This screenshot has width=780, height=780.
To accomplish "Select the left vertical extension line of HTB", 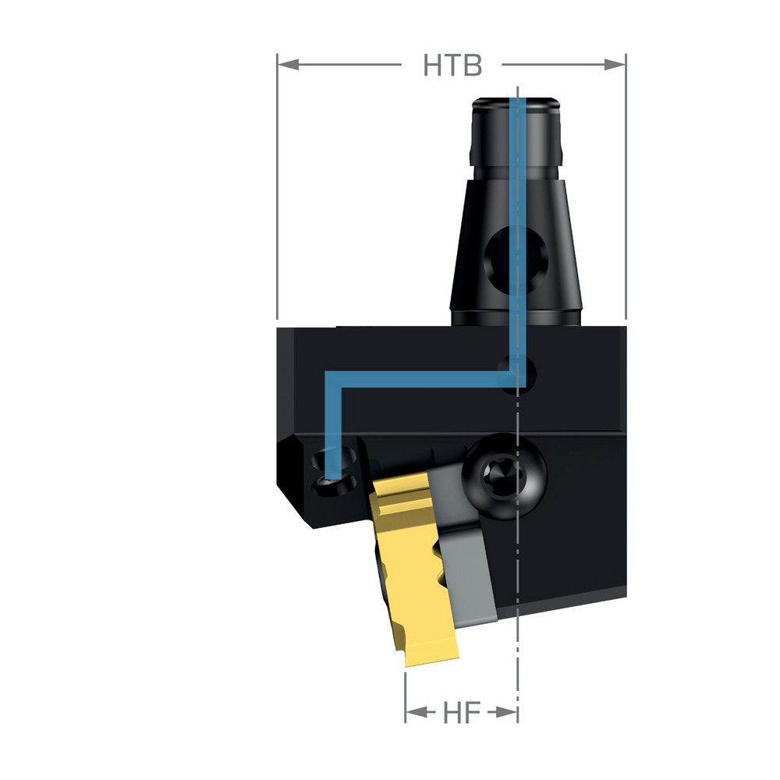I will pos(278,195).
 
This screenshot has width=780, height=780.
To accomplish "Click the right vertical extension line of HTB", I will pos(626,195).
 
